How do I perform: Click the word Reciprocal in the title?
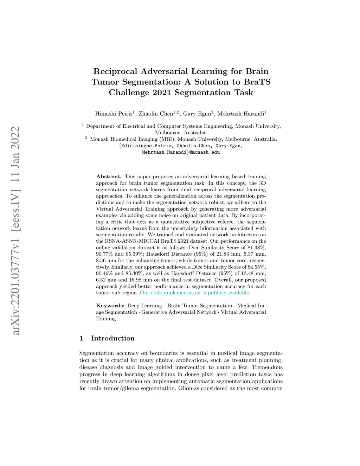[115, 71]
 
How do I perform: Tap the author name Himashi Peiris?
[114, 114]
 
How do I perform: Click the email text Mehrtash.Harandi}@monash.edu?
[181, 152]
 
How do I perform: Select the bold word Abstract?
[109, 177]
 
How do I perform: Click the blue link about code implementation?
[194, 293]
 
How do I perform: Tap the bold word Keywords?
[110, 306]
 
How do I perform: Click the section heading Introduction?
[113, 338]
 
